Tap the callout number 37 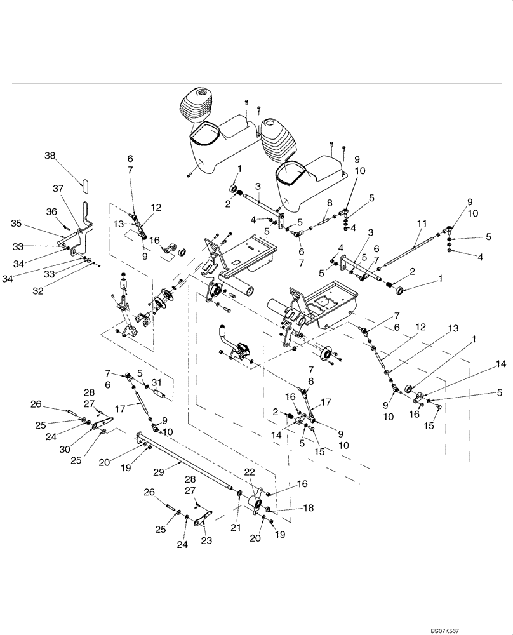click(58, 189)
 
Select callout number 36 click(51, 211)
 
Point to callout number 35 click(17, 223)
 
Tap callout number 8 click(330, 203)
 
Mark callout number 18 click(308, 509)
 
